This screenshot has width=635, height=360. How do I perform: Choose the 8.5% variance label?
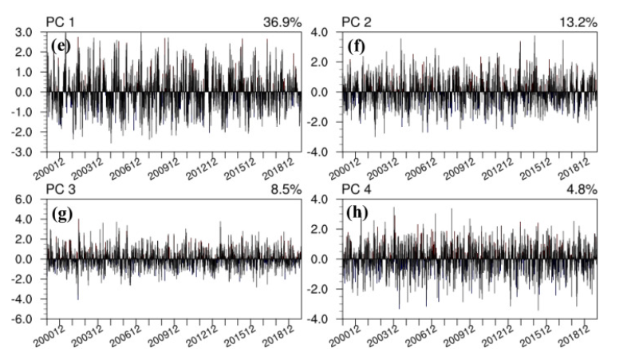pos(284,188)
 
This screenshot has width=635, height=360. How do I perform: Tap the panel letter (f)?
pos(357,45)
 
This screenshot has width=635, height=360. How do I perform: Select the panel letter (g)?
pos(61,212)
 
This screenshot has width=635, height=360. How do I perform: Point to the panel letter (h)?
pos(357,212)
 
